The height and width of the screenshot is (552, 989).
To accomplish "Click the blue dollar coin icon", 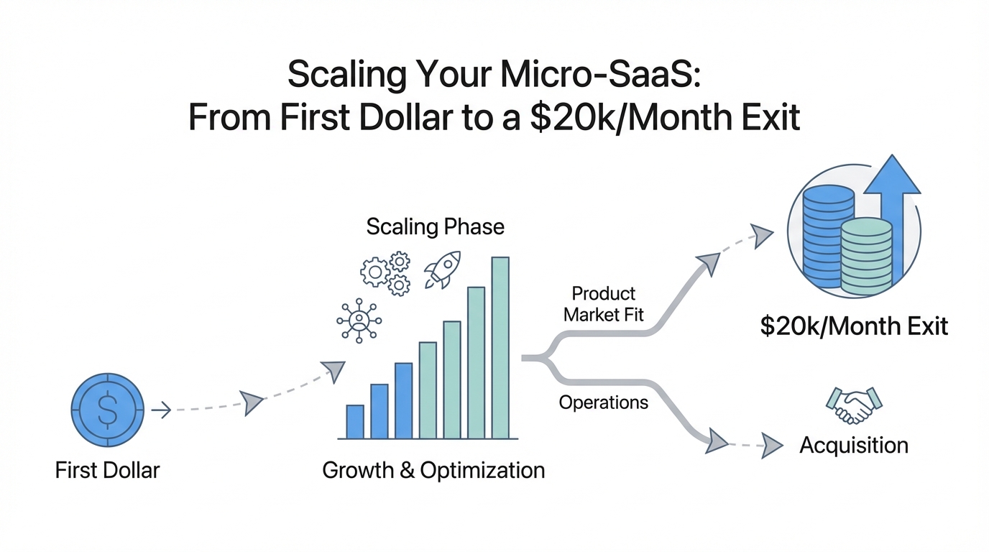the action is point(108,410).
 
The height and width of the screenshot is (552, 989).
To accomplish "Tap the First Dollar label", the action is point(107,470).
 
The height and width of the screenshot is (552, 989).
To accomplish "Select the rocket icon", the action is point(443,270).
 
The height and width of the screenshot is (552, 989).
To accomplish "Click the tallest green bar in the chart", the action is point(500,348).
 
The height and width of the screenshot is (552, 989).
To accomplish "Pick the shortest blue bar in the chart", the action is point(355,422).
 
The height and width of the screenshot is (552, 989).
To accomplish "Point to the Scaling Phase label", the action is point(436,227).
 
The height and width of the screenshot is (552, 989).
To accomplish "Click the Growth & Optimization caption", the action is point(433,470).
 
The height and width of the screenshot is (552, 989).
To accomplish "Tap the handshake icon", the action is point(854,405).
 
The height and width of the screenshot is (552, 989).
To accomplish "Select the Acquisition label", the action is point(854,445).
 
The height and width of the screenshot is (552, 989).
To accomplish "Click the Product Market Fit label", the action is point(604,304).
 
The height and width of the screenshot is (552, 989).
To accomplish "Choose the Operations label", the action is point(604,402).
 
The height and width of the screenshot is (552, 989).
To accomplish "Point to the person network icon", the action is point(359,321).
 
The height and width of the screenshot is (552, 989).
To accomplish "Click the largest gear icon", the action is point(375,272).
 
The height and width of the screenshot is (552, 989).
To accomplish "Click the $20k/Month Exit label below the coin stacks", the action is point(854,326).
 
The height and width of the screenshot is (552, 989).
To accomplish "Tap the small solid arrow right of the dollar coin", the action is point(161,410).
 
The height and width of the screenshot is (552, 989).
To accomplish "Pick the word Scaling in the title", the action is point(347,75).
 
